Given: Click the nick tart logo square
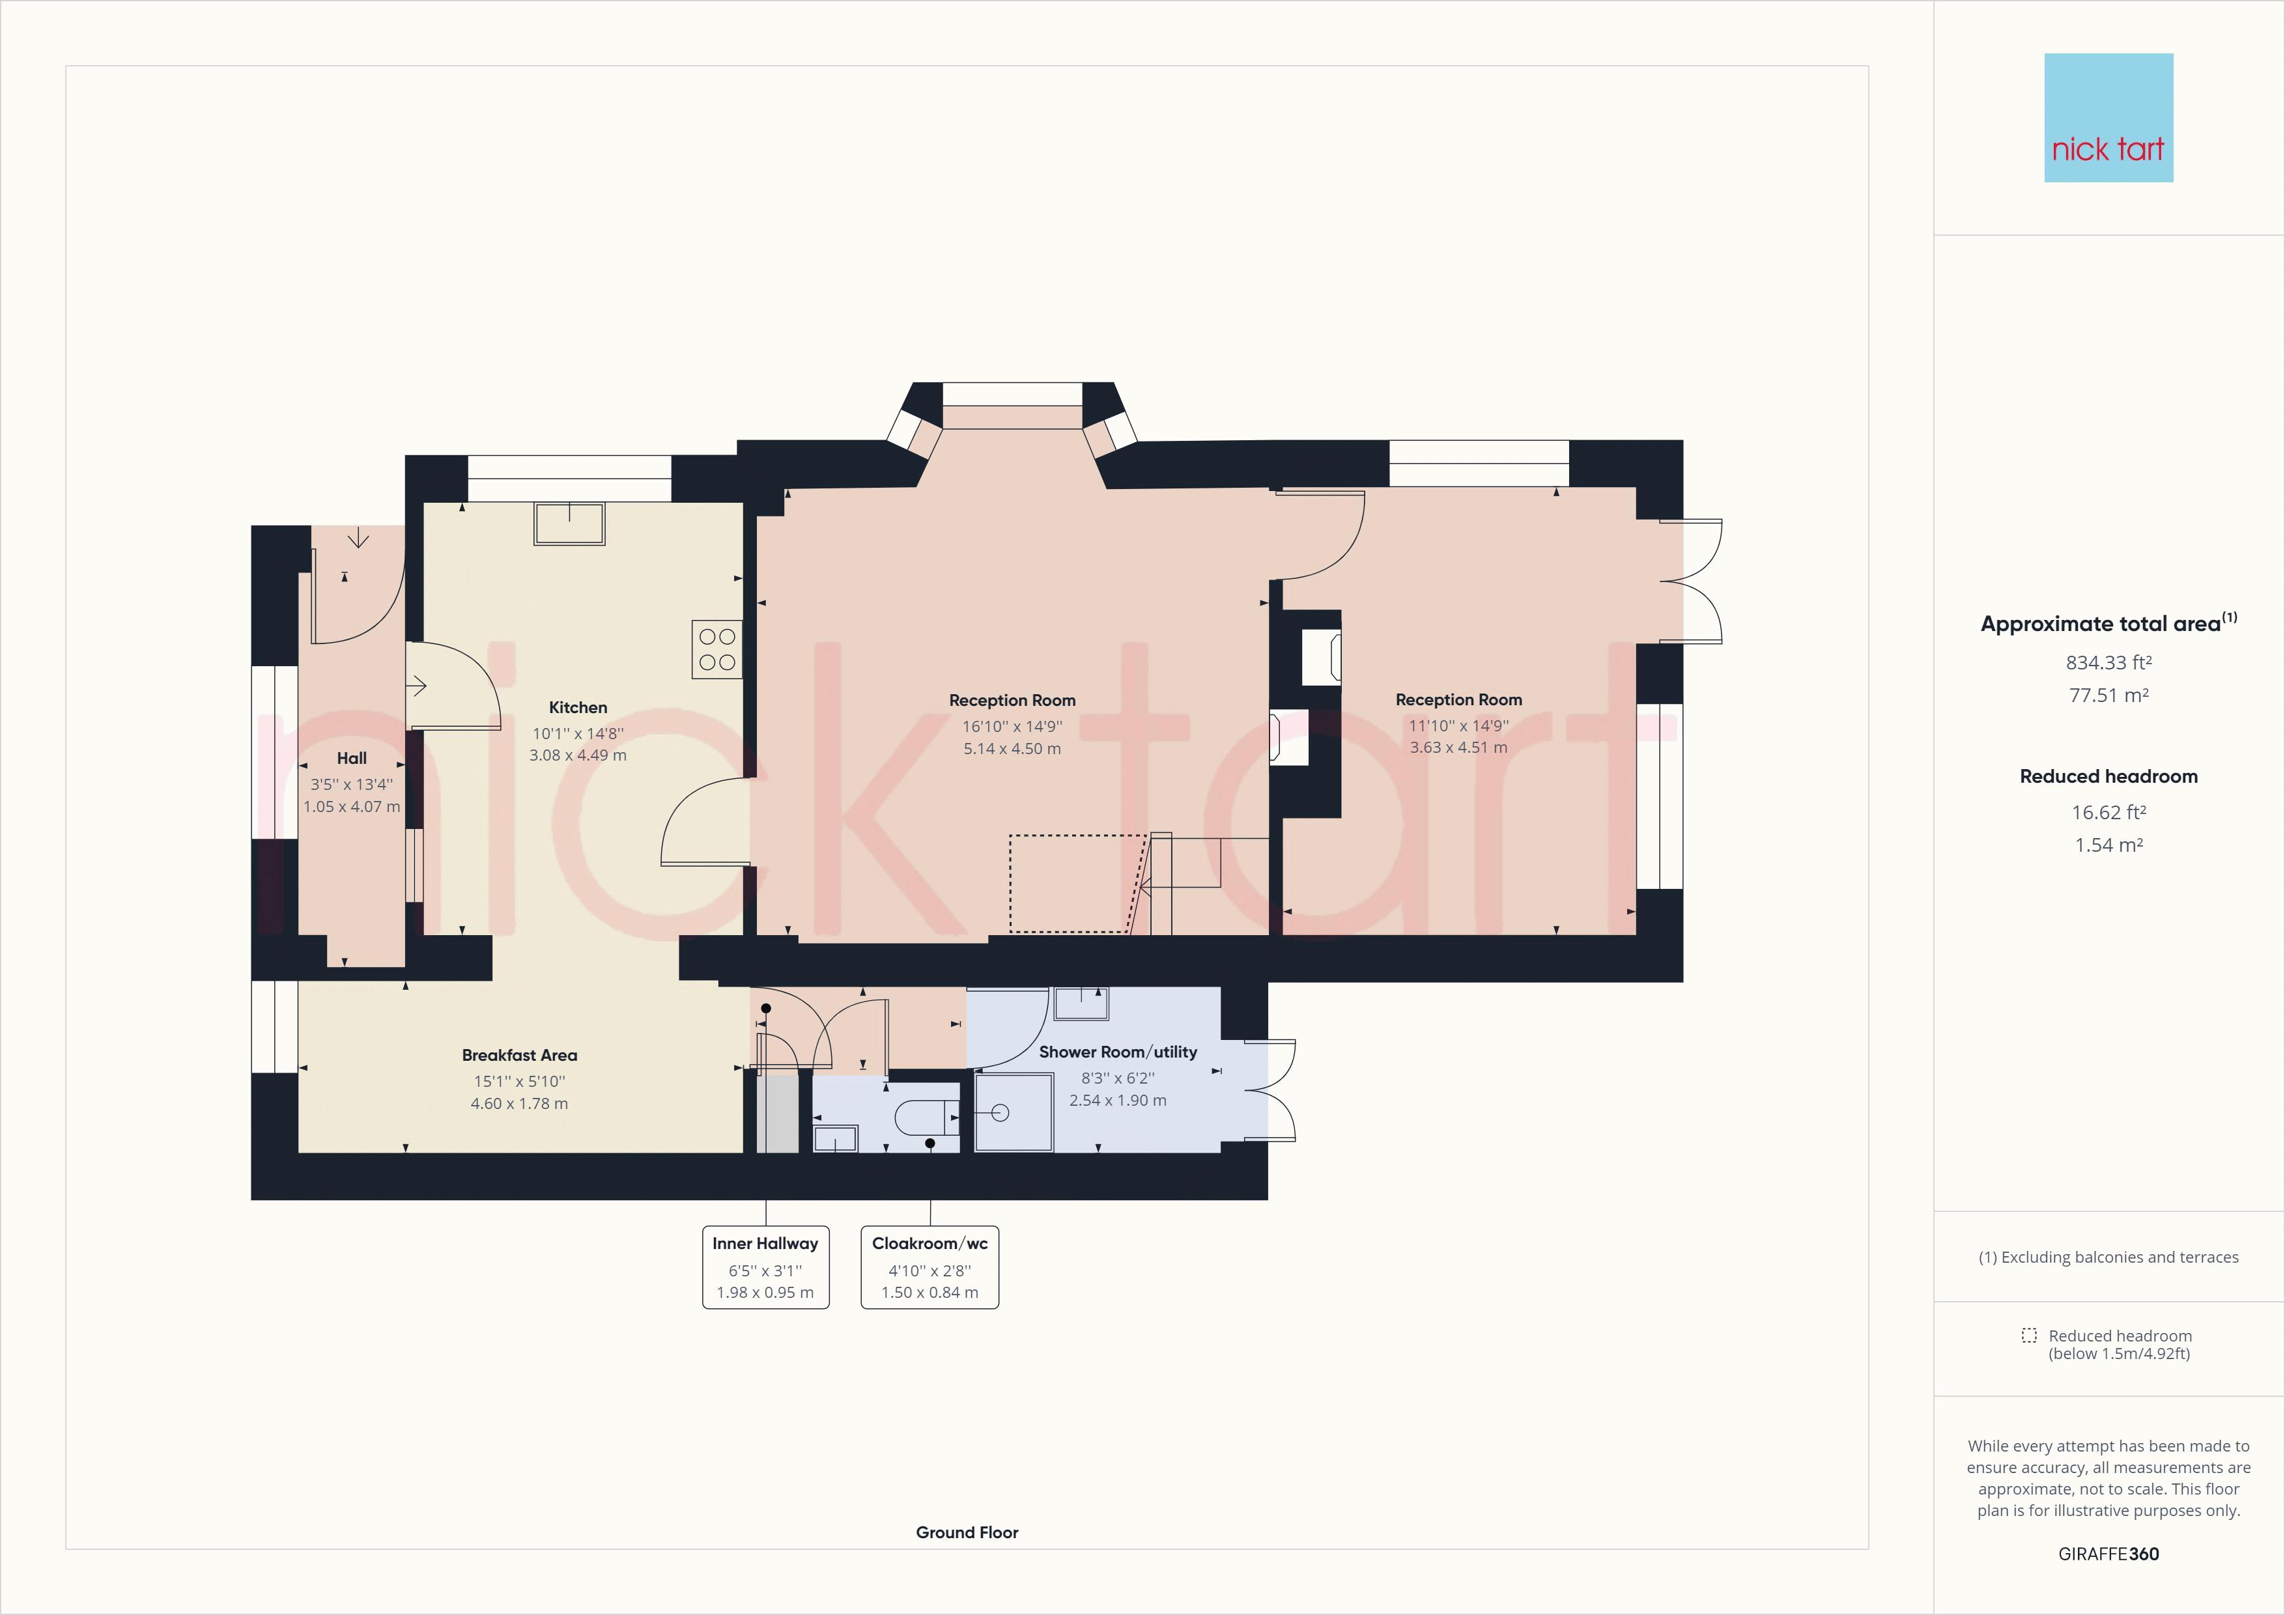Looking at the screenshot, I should pyautogui.click(x=2108, y=117).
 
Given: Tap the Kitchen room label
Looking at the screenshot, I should pyautogui.click(x=577, y=707).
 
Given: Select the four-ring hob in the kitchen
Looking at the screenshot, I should pyautogui.click(x=717, y=649).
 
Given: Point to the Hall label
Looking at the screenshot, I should pyautogui.click(x=351, y=758).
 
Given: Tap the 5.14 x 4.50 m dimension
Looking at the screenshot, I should pyautogui.click(x=1011, y=748).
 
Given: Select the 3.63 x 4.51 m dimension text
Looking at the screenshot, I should pyautogui.click(x=1458, y=748).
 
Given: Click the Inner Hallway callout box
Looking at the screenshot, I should pyautogui.click(x=765, y=1267).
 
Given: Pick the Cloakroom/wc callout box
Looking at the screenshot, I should pyautogui.click(x=929, y=1267).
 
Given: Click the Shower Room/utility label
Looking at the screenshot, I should pyautogui.click(x=1118, y=1052).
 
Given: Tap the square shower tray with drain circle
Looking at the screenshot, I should pyautogui.click(x=1013, y=1112).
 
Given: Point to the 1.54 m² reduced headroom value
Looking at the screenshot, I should pyautogui.click(x=2108, y=845).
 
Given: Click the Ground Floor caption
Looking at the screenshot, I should pyautogui.click(x=967, y=1532).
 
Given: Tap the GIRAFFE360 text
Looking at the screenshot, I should pyautogui.click(x=2108, y=1553).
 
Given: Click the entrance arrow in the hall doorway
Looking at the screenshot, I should pyautogui.click(x=358, y=539).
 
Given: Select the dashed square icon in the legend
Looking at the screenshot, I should pyautogui.click(x=2028, y=1336).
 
